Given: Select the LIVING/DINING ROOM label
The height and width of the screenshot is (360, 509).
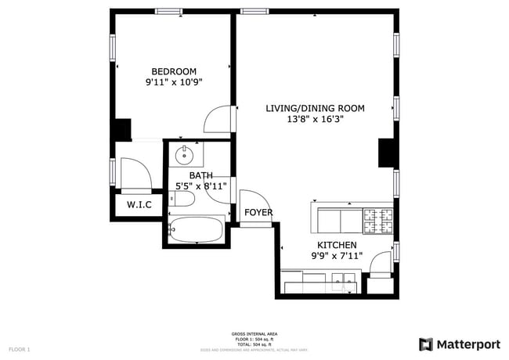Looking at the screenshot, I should click(315, 108).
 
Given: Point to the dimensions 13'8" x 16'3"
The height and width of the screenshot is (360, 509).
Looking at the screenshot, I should click(315, 119).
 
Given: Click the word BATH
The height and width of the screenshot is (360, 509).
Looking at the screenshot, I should click(200, 175).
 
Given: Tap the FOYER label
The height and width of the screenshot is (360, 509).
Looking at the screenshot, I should click(258, 212).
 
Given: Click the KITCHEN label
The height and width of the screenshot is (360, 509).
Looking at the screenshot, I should click(337, 245).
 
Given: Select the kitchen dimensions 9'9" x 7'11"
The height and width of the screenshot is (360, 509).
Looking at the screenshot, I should click(337, 256).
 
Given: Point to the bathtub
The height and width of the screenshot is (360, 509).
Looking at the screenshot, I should click(195, 231).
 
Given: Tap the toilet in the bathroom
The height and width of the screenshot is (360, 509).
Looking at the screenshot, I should click(182, 200).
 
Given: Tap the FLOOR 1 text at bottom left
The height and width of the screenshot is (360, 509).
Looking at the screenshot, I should click(20, 348).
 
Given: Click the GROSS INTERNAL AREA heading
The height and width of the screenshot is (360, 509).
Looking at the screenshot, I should click(254, 333).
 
